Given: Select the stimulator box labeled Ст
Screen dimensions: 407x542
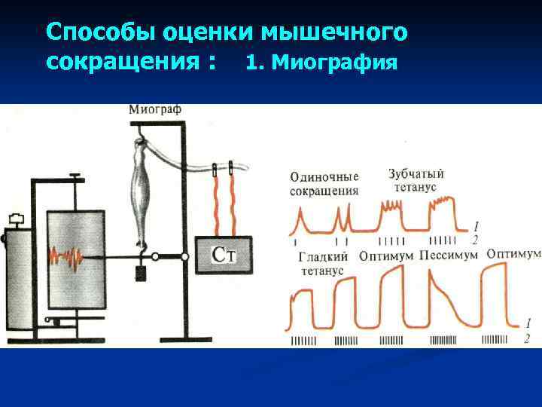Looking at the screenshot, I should click(x=224, y=255).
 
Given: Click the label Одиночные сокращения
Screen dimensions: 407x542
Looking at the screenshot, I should click(x=324, y=182).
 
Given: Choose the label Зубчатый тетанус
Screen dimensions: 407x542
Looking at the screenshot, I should click(x=416, y=179).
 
